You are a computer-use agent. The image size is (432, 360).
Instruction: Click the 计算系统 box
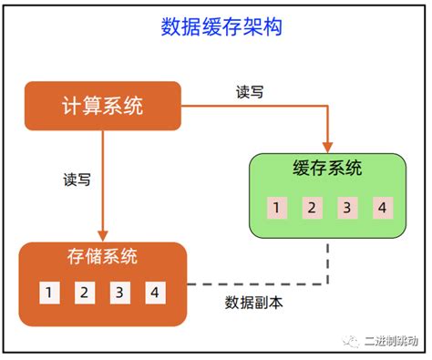102,106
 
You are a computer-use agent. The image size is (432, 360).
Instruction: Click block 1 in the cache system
274,208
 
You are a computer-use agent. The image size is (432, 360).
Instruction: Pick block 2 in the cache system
310,208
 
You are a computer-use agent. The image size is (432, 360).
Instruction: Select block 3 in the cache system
345,208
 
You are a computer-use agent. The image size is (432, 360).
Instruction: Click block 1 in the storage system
48,293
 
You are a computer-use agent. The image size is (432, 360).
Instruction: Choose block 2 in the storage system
84,293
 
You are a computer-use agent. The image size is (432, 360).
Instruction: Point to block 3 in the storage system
119,293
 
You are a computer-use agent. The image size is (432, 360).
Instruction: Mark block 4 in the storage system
155,293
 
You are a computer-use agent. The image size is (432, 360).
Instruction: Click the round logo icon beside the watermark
352,340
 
